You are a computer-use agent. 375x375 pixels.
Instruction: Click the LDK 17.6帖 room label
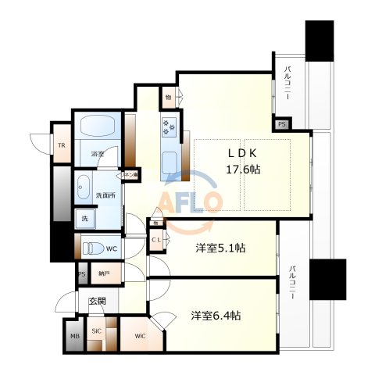coord(242,160)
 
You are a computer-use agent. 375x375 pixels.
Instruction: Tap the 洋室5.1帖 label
coord(220,248)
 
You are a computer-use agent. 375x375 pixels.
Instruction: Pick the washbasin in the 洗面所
coord(84,187)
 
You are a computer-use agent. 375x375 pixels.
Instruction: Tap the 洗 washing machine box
coord(82,220)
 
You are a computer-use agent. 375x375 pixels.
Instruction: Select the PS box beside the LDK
coord(281,124)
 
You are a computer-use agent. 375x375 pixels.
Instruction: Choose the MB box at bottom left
coord(75,337)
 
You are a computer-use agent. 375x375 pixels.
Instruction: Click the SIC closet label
coord(97,331)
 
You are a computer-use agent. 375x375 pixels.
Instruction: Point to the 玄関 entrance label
coord(97,301)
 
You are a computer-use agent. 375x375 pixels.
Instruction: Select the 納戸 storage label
coord(104,274)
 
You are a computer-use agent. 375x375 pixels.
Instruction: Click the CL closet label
coord(156,241)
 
